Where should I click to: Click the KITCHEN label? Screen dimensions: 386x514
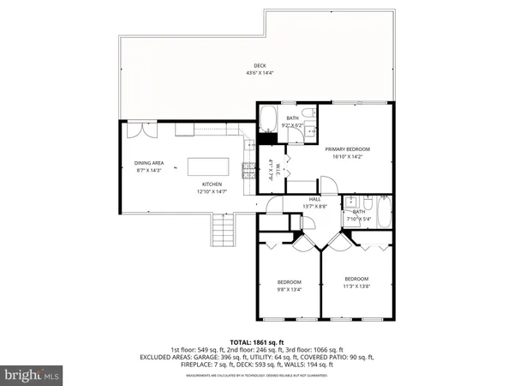pos(212,184)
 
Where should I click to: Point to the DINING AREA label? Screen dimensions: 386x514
pos(149,165)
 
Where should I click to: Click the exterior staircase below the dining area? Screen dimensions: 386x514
pos(222,230)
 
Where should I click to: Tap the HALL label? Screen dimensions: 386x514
pos(291,199)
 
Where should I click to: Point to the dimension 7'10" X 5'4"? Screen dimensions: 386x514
pos(357,218)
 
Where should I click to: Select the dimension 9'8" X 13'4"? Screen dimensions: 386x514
pos(289,289)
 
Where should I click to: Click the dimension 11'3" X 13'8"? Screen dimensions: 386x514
pos(356,286)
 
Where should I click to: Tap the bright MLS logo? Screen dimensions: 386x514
pos(33,375)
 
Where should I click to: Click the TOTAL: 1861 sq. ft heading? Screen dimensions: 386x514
pos(257,342)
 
